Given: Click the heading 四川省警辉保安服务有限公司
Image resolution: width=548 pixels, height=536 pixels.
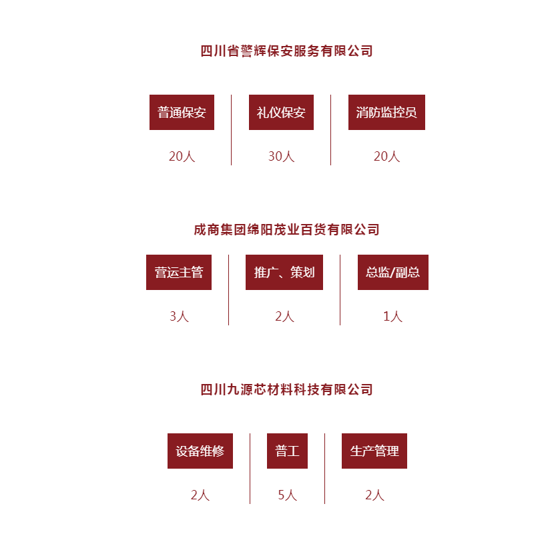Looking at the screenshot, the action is tap(286, 51).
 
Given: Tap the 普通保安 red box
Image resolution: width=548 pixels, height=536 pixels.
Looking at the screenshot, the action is tap(182, 113).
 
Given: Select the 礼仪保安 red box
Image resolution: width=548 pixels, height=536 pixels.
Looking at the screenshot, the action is tap(281, 113).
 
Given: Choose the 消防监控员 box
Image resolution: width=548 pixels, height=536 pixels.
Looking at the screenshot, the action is tap(386, 113).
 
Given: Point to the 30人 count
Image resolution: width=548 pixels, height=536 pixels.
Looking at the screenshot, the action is tap(281, 156).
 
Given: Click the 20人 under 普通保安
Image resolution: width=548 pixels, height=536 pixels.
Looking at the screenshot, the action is tap(182, 156).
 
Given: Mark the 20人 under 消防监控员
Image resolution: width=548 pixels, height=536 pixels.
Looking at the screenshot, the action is tap(386, 156).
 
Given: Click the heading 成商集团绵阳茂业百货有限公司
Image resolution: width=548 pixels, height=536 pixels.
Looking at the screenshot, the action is tap(286, 229).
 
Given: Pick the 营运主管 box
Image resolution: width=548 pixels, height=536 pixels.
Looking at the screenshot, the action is tap(179, 272).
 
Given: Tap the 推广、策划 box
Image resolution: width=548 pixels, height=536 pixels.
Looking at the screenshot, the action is tap(284, 272).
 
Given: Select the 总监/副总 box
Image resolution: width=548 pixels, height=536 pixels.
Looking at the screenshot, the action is tap(393, 272).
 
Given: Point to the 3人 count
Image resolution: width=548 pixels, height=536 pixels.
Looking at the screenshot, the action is tap(179, 317).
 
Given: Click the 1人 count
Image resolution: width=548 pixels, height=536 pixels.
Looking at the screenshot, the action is tap(393, 317).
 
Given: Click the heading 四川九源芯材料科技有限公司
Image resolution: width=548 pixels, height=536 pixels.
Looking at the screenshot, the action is tap(286, 390).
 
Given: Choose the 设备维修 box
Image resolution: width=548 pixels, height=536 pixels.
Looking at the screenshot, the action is tap(200, 451).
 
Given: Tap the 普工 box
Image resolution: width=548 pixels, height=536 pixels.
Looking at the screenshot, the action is tap(287, 451).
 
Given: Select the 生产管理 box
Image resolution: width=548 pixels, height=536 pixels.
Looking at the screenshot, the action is tap(374, 451).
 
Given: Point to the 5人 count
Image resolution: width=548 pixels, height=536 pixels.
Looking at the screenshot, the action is tap(287, 495).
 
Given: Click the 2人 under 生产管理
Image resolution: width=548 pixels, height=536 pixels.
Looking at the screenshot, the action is tap(374, 495).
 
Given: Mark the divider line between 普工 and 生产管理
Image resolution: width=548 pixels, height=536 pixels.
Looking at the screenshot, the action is tap(324, 469).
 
